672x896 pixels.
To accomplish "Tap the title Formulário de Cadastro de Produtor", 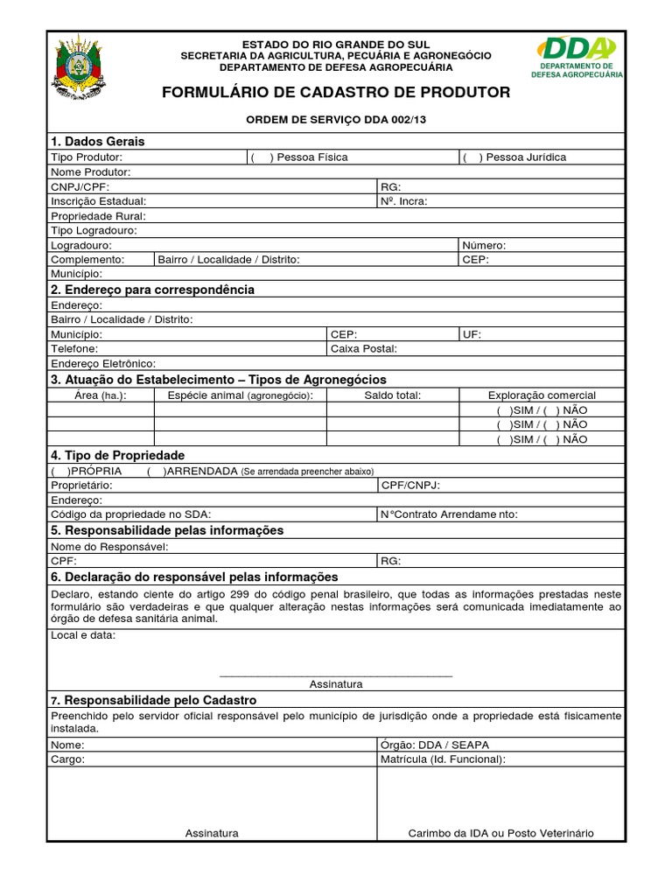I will click(x=336, y=93).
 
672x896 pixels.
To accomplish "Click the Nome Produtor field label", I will click(x=90, y=172).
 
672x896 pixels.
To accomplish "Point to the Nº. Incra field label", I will click(x=404, y=201).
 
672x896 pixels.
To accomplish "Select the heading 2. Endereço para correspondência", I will click(x=152, y=290).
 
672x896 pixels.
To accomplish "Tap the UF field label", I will click(x=472, y=334).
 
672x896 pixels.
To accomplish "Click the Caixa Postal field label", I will click(x=363, y=349).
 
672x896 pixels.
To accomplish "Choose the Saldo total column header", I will click(x=392, y=395).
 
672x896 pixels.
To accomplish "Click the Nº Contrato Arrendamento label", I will click(x=449, y=514).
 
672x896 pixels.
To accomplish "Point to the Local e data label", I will click(x=83, y=635).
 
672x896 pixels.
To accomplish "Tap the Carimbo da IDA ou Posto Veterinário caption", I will click(x=500, y=833).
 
